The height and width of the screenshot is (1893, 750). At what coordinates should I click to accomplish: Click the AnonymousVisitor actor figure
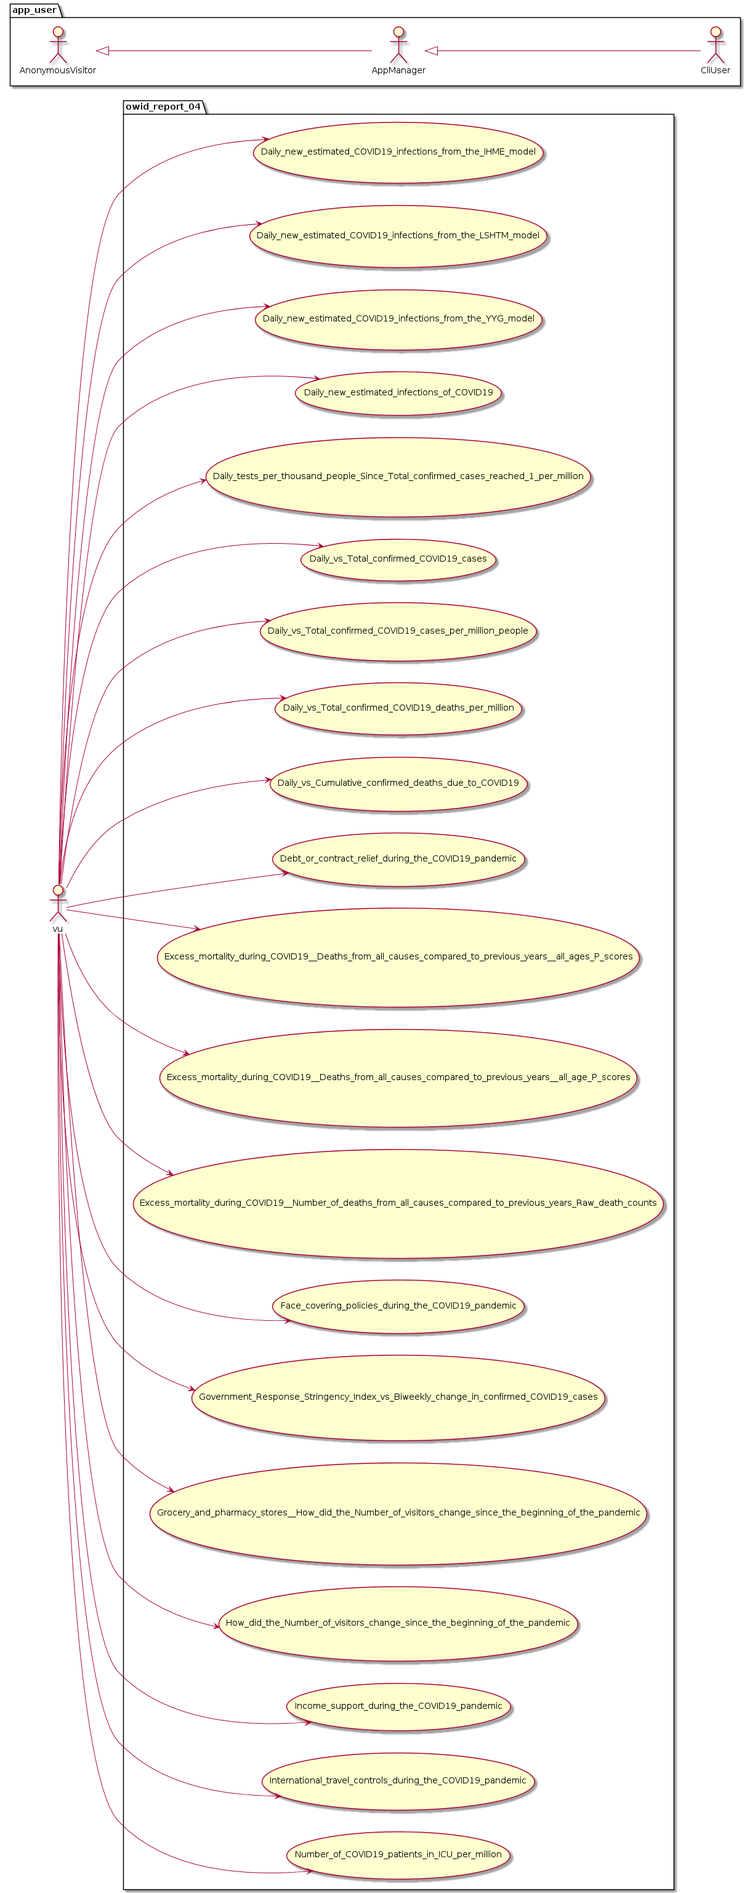[x=57, y=46]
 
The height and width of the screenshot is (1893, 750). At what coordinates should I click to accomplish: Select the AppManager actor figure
[x=398, y=46]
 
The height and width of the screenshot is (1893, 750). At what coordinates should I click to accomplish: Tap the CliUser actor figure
[x=715, y=46]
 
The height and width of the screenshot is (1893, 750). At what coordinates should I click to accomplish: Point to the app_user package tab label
[x=34, y=10]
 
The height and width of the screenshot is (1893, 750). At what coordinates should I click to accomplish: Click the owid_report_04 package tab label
[x=163, y=107]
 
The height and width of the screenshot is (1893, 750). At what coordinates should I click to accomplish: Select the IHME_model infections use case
[x=398, y=152]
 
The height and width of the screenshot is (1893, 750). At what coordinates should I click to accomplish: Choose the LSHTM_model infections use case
[x=398, y=236]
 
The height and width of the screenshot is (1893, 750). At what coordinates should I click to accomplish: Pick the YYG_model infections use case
[x=398, y=319]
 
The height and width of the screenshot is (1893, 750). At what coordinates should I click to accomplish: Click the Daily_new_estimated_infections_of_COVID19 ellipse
[x=398, y=392]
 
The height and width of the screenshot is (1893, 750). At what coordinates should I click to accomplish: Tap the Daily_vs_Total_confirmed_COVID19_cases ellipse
[x=398, y=559]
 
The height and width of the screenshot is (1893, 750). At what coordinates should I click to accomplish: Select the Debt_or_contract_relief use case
[x=398, y=858]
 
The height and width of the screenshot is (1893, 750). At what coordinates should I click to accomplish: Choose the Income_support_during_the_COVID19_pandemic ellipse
[x=398, y=1706]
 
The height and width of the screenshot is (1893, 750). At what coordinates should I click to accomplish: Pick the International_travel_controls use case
[x=398, y=1780]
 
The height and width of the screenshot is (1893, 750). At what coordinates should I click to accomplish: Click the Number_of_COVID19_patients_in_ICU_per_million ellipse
[x=398, y=1854]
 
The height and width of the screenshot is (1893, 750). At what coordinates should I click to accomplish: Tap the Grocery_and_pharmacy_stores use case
[x=398, y=1512]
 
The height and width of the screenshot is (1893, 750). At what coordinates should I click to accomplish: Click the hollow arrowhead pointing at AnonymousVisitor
[x=103, y=50]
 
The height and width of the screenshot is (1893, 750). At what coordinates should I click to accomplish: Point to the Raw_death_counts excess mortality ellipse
[x=398, y=1203]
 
